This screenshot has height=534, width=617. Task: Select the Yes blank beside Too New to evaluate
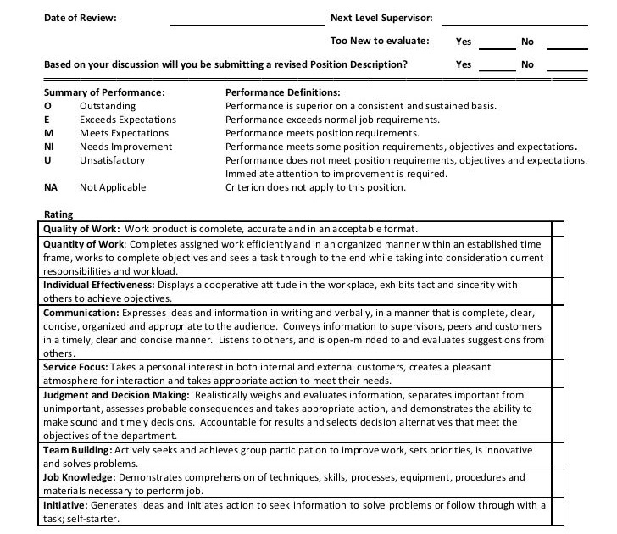tap(498, 45)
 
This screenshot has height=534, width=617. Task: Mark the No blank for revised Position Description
tap(567, 68)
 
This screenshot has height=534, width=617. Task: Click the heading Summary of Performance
tap(103, 92)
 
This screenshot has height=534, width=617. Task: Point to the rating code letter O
tap(47, 106)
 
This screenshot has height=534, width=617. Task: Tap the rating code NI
tap(49, 147)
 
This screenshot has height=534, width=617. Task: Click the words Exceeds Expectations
tap(128, 120)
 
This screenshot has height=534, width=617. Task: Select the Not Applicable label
tap(113, 187)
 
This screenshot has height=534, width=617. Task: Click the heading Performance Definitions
tap(282, 92)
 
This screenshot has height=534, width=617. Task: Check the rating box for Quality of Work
tap(558, 229)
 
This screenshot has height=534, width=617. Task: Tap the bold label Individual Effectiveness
tap(98, 285)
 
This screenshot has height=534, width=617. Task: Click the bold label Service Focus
tap(75, 367)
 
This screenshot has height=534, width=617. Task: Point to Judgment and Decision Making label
tap(116, 395)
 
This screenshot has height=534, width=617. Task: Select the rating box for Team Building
tap(558, 457)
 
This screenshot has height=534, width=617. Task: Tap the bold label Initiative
tap(65, 505)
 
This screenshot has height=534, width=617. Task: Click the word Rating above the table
tap(58, 214)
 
